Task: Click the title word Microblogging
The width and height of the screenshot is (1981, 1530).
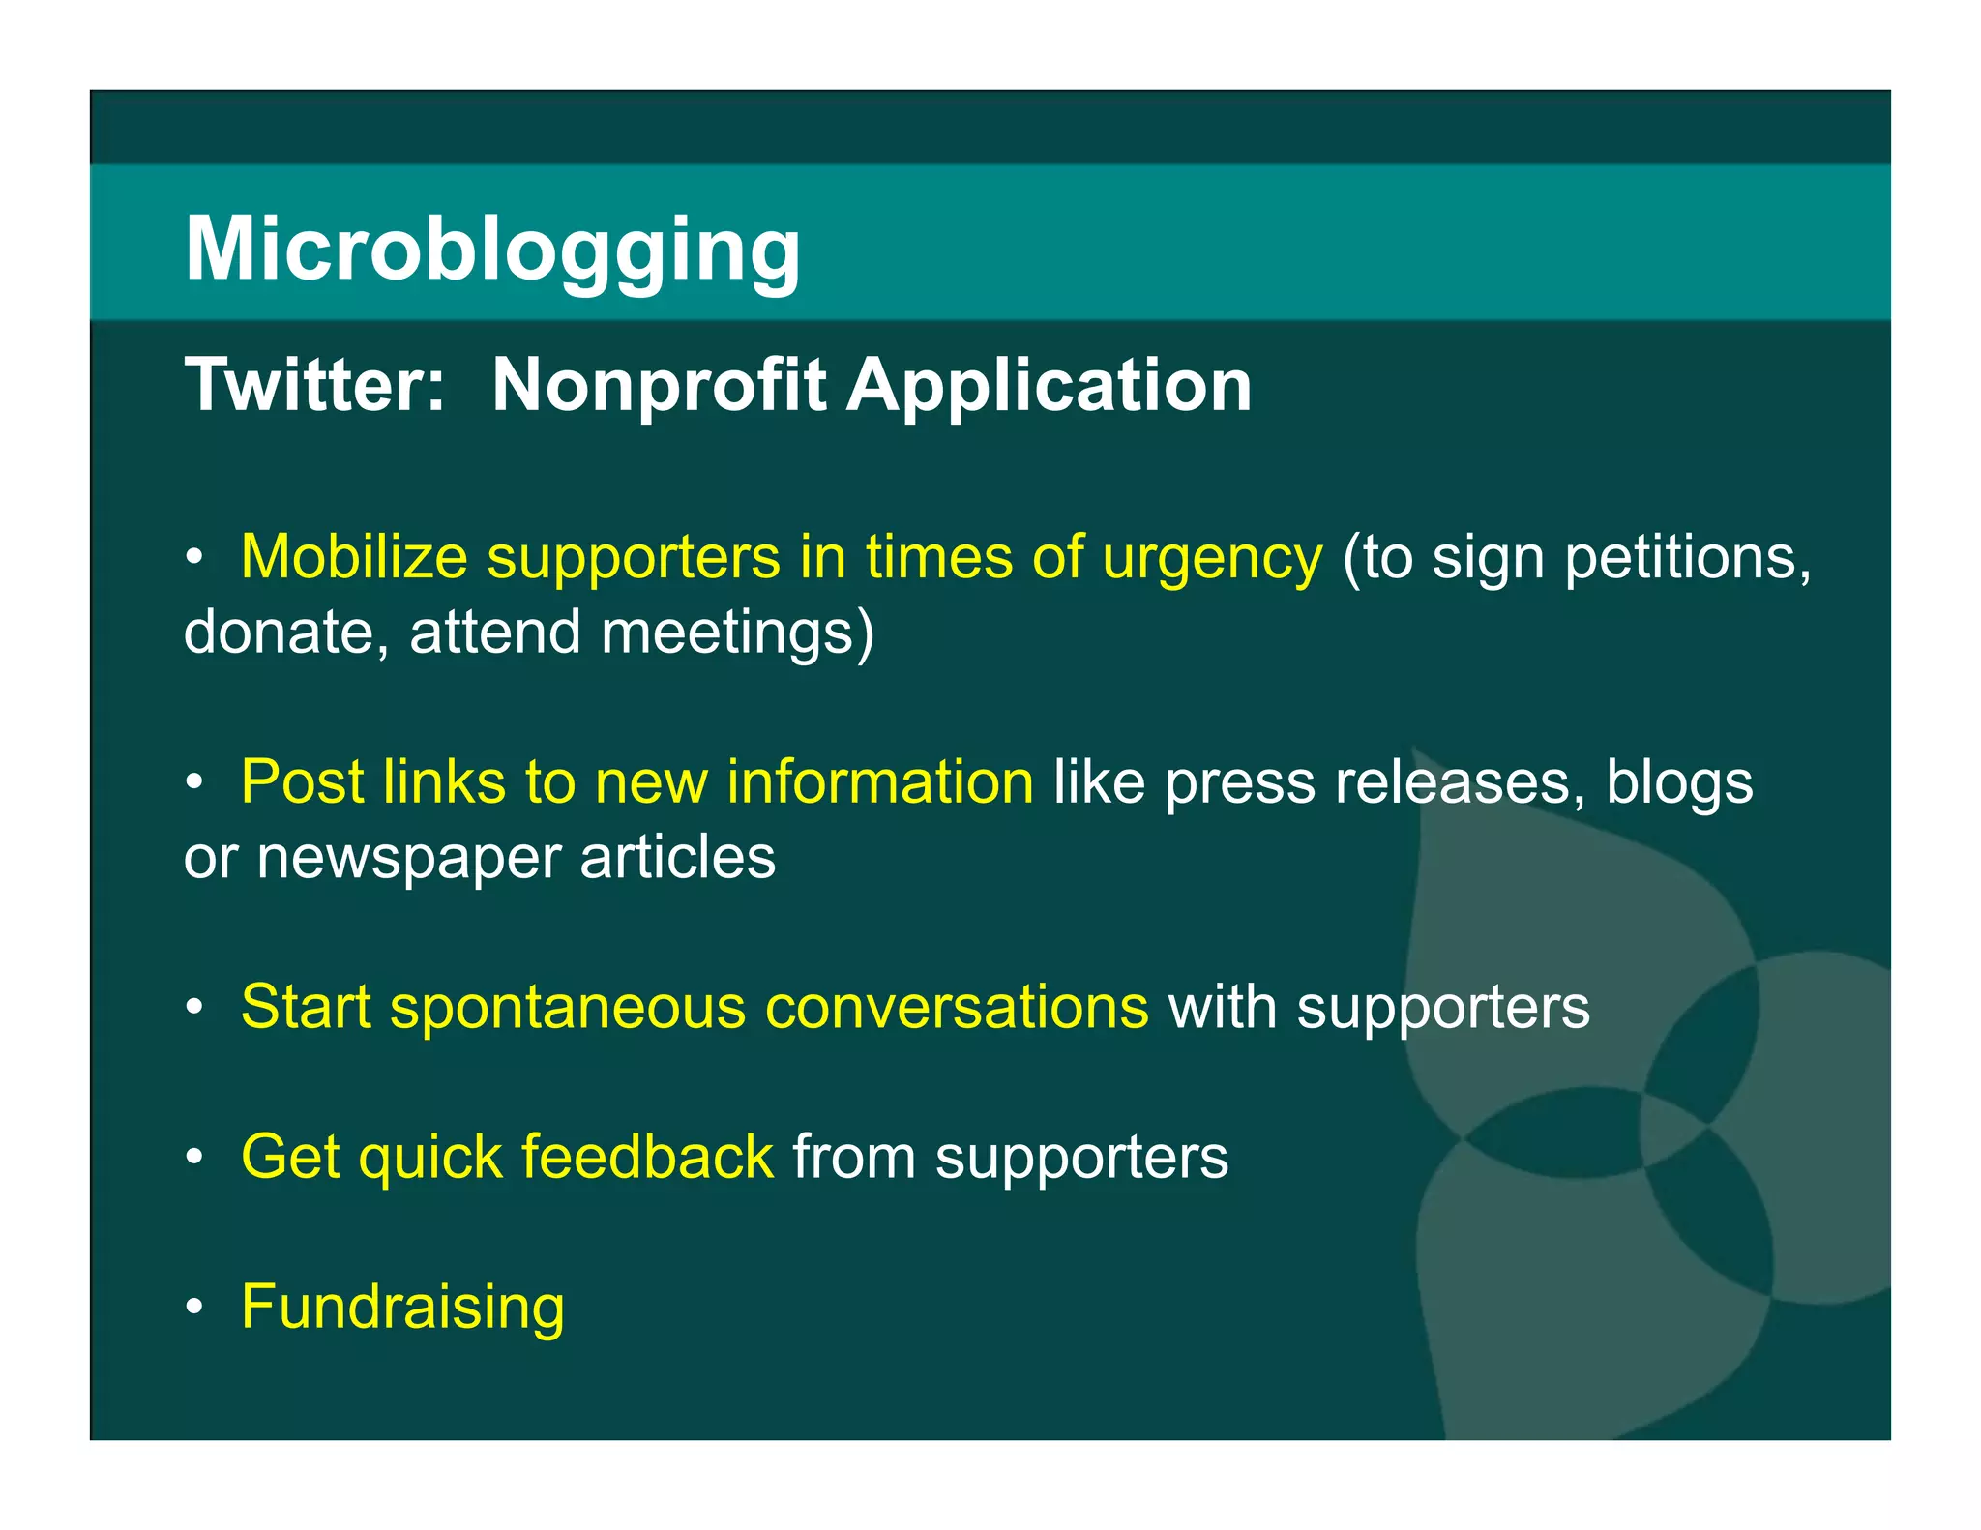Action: click(492, 249)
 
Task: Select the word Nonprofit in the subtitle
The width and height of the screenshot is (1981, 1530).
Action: click(659, 385)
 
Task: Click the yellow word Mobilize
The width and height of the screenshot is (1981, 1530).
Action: click(353, 558)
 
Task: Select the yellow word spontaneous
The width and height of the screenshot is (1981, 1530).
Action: click(568, 1008)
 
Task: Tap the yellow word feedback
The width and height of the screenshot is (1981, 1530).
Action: click(647, 1157)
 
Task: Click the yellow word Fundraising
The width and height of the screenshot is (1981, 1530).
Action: click(402, 1307)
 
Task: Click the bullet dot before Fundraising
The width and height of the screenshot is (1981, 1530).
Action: click(194, 1308)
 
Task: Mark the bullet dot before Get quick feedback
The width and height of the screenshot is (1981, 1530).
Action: click(194, 1158)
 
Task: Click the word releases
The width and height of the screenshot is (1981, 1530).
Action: click(1460, 781)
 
